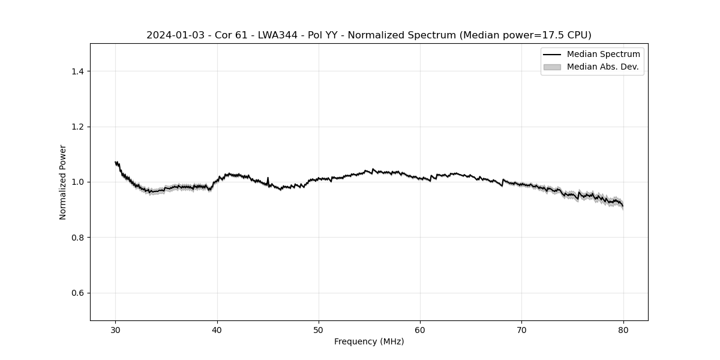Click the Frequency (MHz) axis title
coord(369,341)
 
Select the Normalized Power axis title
coord(63,182)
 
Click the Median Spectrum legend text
coord(603,55)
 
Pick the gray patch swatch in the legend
coord(552,67)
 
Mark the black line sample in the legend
coord(552,55)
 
